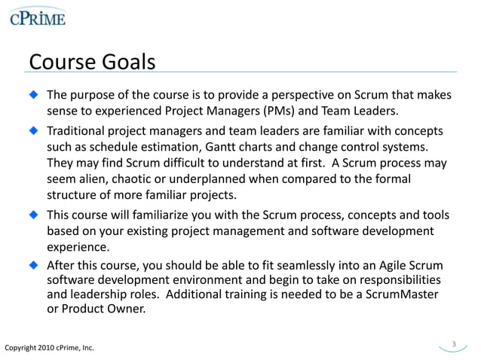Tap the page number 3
coord(454,344)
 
